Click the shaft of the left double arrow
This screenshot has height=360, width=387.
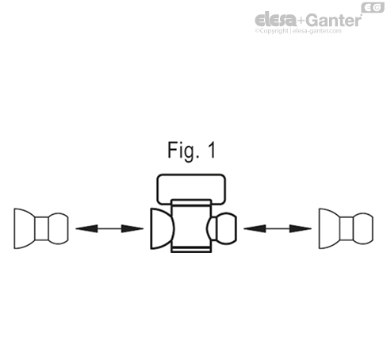(x=109, y=228)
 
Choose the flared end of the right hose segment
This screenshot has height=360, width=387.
(x=329, y=228)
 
